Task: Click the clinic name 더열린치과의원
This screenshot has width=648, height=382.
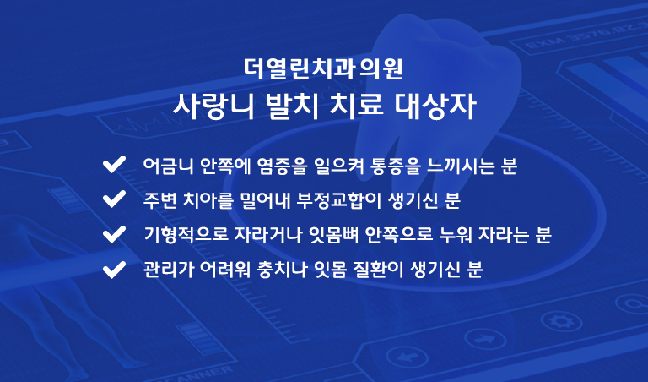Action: [x=323, y=69]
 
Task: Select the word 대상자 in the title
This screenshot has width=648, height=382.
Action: [x=435, y=106]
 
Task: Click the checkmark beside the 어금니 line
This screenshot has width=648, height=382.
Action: [x=114, y=164]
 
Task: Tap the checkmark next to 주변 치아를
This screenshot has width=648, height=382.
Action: [x=114, y=199]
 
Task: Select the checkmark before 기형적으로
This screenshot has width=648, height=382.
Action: [x=114, y=234]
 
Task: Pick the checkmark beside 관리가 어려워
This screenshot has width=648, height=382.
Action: [x=114, y=270]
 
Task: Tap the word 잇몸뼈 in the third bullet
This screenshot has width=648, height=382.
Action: [x=334, y=236]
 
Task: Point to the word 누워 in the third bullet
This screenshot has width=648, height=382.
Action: [x=456, y=236]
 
